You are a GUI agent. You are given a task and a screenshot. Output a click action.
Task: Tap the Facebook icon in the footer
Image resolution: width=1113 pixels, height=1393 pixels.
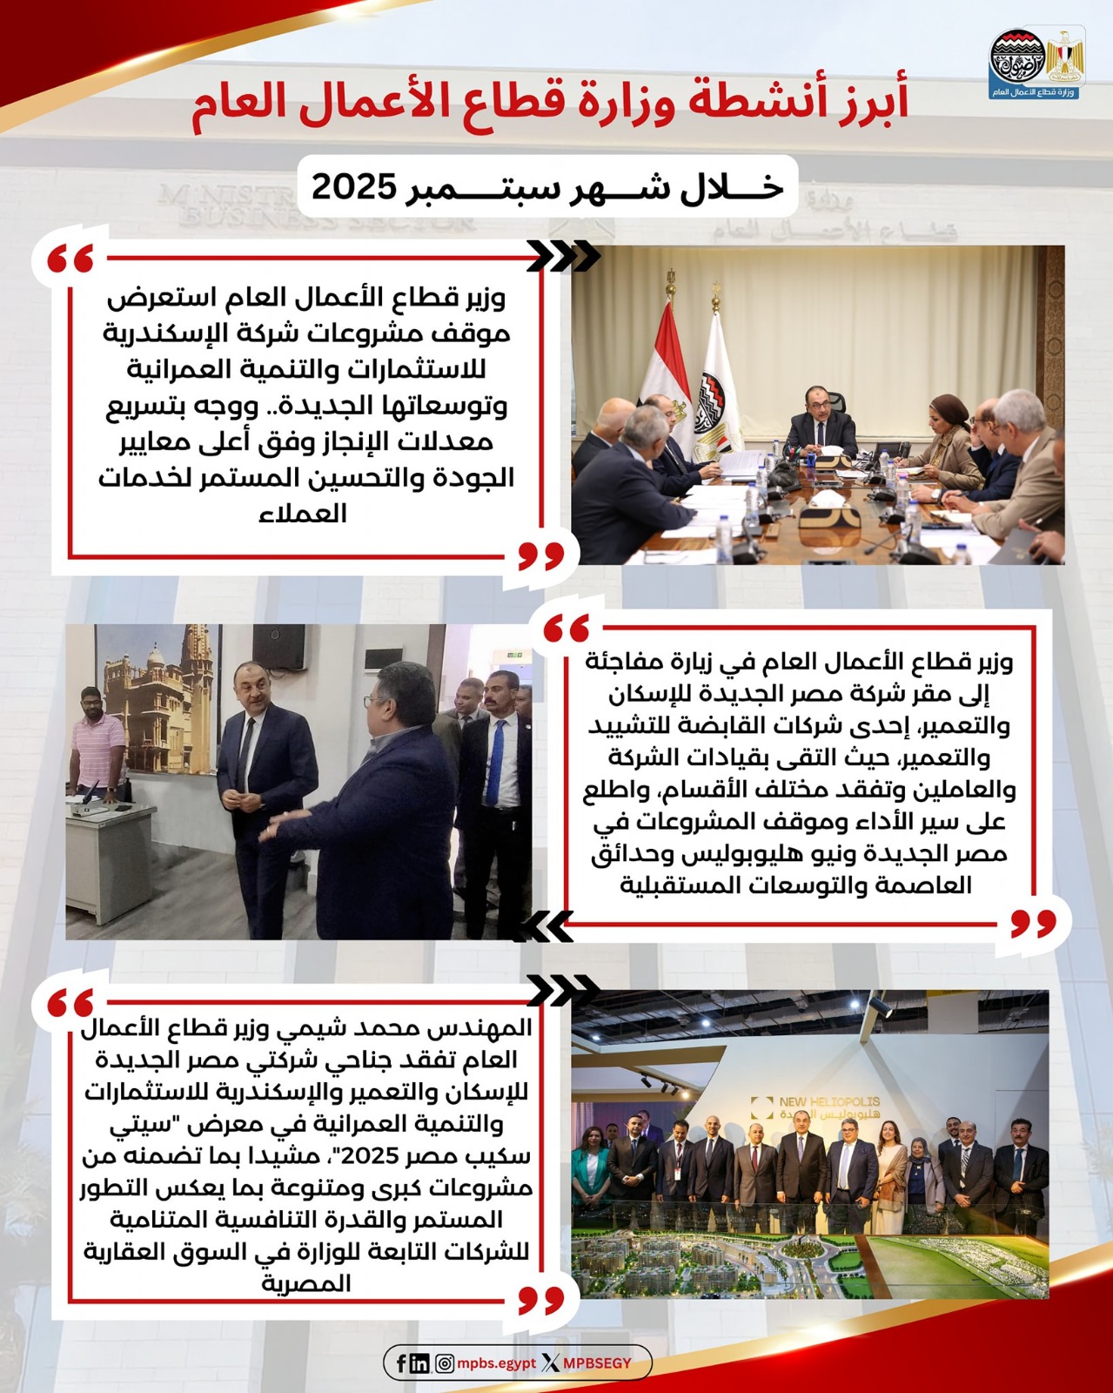[401, 1363]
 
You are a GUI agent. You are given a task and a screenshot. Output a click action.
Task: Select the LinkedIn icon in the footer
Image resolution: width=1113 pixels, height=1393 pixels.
[419, 1363]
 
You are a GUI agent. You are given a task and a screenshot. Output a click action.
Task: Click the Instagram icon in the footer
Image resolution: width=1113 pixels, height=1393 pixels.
[444, 1363]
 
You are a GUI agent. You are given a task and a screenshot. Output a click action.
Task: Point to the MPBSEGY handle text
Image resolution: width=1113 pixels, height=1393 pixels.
[597, 1363]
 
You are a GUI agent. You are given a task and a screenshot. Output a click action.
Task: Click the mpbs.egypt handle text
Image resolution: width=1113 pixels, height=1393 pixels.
[496, 1363]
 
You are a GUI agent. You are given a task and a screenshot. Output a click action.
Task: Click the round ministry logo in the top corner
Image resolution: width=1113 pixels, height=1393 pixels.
[1016, 58]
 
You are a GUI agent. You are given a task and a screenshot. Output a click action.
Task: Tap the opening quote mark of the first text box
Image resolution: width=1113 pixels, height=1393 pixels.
[70, 259]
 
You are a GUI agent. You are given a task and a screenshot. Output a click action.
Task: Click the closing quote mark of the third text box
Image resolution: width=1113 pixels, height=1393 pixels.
[540, 1300]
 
